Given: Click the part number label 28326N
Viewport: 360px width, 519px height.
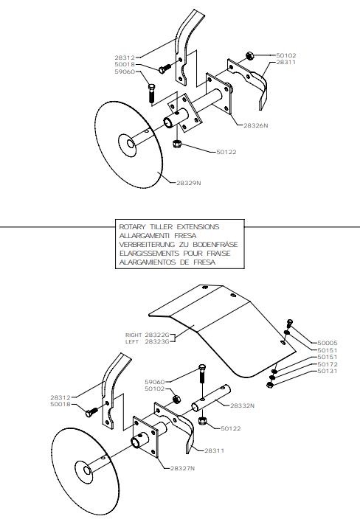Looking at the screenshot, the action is point(256,126).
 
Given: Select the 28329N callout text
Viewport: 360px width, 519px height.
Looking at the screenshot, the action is point(188,183).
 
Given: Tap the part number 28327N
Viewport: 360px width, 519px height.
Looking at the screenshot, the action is point(182,468).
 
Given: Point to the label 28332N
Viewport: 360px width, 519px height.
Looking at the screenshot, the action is point(242,405).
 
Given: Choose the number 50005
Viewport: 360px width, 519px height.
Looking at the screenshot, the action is point(328,344).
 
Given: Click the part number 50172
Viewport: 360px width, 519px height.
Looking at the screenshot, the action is point(328,364).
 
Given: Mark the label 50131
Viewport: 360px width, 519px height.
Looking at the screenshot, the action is point(328,371).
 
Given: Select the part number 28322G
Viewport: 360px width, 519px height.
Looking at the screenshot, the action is point(157,335).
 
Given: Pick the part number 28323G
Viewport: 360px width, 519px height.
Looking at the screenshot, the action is point(157,341).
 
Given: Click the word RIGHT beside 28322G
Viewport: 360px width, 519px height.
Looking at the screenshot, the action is point(134,335).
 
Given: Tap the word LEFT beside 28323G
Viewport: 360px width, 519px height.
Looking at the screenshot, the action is point(132,341).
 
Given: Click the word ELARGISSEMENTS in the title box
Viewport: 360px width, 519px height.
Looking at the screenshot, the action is point(147,254).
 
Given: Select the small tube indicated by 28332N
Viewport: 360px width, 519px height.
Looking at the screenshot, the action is point(211,398).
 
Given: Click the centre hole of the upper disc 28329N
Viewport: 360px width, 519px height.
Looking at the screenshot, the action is point(131,144).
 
